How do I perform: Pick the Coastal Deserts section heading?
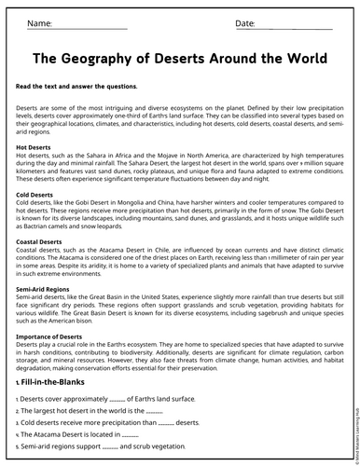point(44,240)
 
